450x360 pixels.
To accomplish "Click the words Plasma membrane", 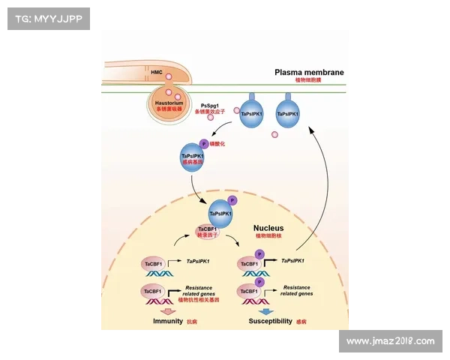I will (309, 72).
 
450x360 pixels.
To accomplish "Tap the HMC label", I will (156, 72).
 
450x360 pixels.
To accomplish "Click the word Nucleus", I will (268, 227).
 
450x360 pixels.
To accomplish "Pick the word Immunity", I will (168, 321).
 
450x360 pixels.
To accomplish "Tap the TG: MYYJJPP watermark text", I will (47, 19).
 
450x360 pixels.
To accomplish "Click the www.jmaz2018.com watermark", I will (390, 341).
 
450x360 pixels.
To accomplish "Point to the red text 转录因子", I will (207, 235).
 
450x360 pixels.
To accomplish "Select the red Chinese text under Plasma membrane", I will (309, 79).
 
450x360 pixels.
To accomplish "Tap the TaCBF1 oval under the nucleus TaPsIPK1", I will (207, 229).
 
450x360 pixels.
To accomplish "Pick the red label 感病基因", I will (193, 163).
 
